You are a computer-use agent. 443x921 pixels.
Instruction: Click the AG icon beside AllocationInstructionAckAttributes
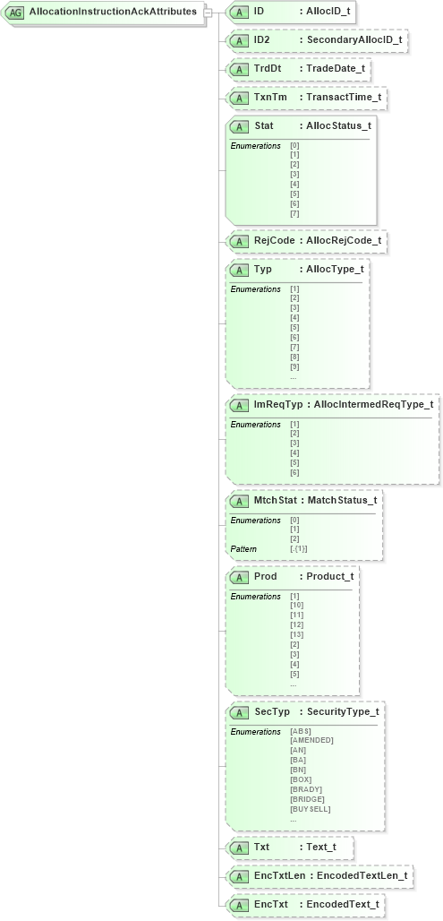click(16, 13)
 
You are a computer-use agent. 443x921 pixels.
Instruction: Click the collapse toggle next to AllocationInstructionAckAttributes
click(208, 13)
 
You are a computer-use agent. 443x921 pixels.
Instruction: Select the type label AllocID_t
click(330, 13)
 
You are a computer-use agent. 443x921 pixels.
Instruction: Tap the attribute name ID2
click(263, 40)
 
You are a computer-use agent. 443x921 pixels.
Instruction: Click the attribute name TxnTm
click(270, 97)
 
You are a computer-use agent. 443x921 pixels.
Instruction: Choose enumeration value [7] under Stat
click(294, 214)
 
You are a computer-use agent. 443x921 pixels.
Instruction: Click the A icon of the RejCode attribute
click(239, 241)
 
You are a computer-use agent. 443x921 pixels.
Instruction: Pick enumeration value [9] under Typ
click(294, 367)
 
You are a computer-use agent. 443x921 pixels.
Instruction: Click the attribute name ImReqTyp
click(278, 405)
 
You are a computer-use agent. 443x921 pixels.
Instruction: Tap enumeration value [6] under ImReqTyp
click(294, 473)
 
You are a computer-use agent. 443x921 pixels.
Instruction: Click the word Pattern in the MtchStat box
click(243, 548)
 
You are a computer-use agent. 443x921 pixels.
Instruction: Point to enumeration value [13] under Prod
click(296, 635)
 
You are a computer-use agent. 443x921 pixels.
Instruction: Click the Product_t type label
click(329, 576)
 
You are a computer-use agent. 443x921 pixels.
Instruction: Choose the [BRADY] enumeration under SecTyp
click(306, 789)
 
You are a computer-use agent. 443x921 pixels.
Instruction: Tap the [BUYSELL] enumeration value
click(310, 809)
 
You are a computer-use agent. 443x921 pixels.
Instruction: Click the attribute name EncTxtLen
click(278, 875)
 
